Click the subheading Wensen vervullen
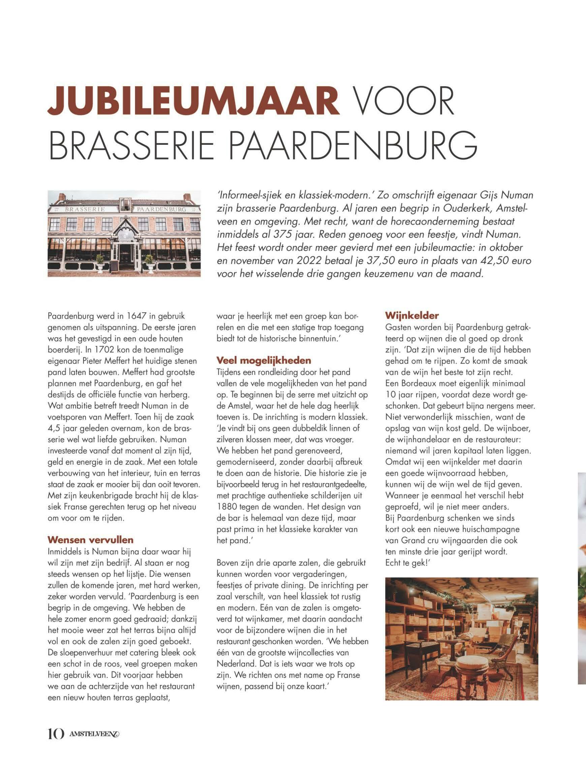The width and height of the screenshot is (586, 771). pyautogui.click(x=90, y=540)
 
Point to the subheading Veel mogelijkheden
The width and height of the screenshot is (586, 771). pyautogui.click(x=264, y=360)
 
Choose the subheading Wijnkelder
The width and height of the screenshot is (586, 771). pyautogui.click(x=411, y=315)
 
